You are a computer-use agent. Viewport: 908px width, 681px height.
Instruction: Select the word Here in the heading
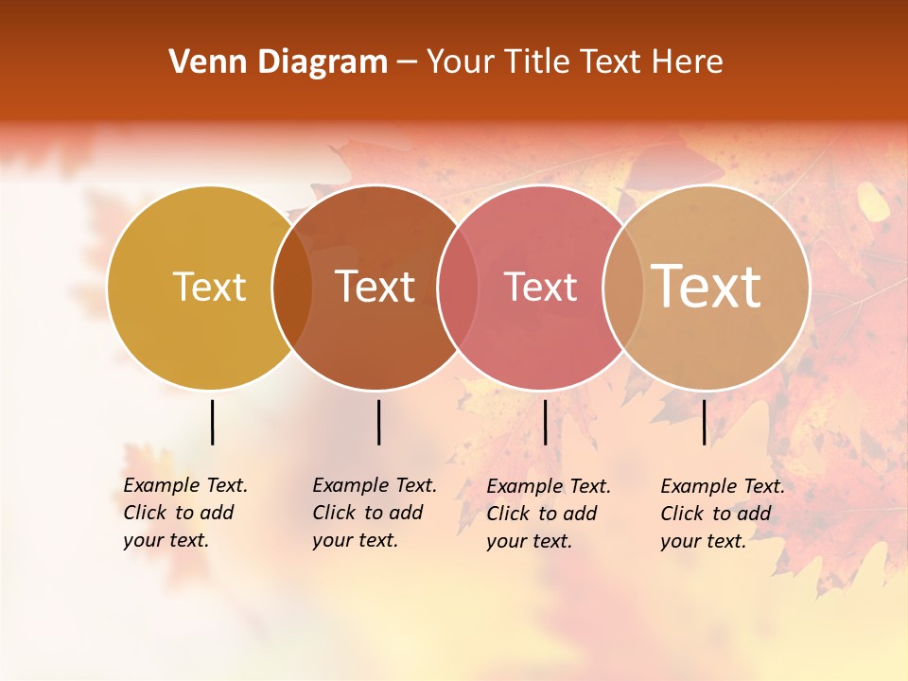click(x=688, y=62)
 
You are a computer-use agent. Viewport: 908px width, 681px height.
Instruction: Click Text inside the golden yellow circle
click(x=209, y=287)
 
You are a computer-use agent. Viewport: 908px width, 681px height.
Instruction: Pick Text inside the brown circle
click(x=375, y=287)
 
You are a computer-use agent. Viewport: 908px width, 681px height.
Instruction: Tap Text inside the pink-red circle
click(x=540, y=287)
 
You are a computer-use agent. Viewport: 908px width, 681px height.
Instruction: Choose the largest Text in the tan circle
click(x=707, y=286)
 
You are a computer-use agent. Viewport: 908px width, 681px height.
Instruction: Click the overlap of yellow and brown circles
click(x=292, y=288)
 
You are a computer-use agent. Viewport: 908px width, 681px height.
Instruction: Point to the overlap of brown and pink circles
click(x=458, y=288)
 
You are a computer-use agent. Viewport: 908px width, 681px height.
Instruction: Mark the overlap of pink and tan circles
click(x=622, y=288)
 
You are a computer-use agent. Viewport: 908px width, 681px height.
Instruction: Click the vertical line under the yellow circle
click(x=212, y=422)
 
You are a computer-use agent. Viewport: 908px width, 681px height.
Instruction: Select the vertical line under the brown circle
click(x=378, y=422)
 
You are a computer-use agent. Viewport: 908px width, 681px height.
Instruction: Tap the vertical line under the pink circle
click(x=545, y=422)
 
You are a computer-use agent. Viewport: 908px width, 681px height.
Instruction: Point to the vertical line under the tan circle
click(x=704, y=422)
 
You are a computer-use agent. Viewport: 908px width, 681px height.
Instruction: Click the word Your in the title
click(x=460, y=62)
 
